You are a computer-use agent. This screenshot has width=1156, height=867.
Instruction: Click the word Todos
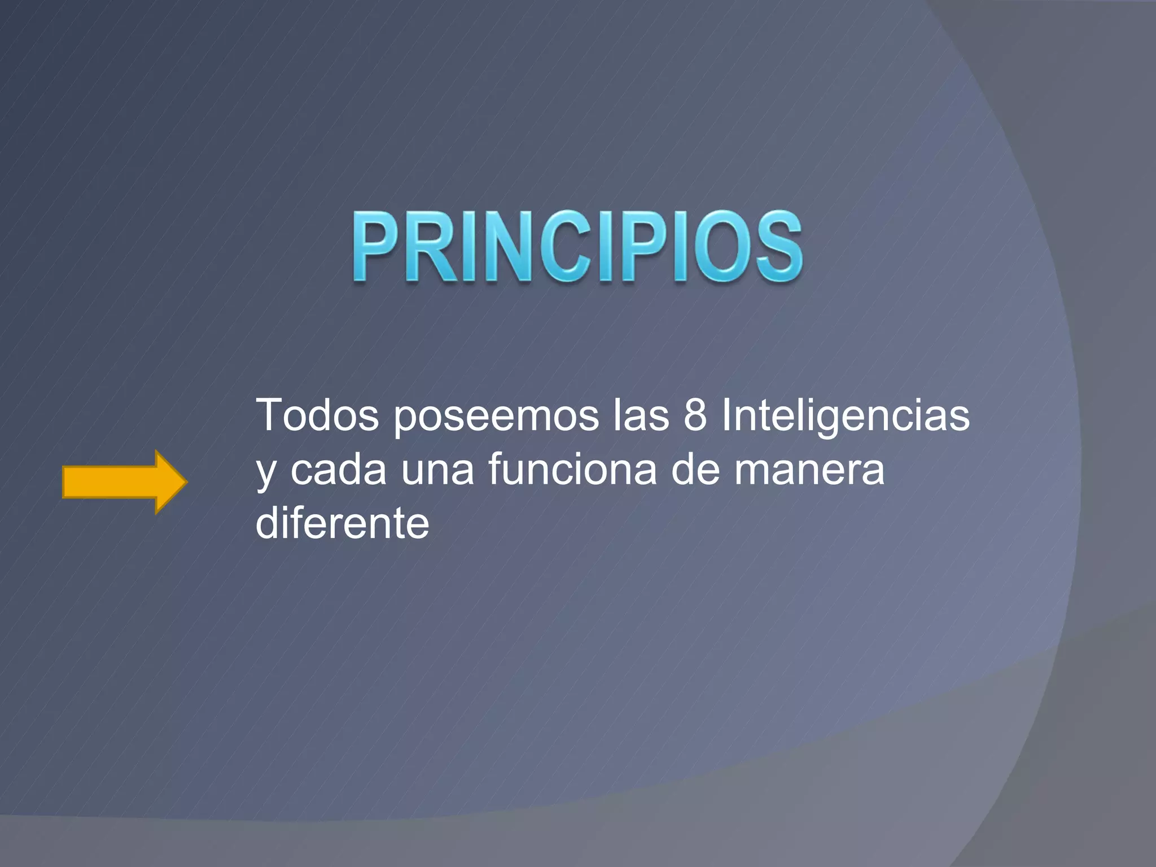(x=317, y=416)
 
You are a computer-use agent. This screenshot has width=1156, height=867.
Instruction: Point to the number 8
(x=695, y=416)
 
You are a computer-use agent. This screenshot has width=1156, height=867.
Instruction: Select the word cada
(x=339, y=470)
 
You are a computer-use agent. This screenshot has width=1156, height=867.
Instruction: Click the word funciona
(x=572, y=470)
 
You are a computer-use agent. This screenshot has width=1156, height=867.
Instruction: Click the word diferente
(x=342, y=523)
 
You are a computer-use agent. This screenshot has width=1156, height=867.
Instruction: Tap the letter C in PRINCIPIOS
(x=566, y=247)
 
